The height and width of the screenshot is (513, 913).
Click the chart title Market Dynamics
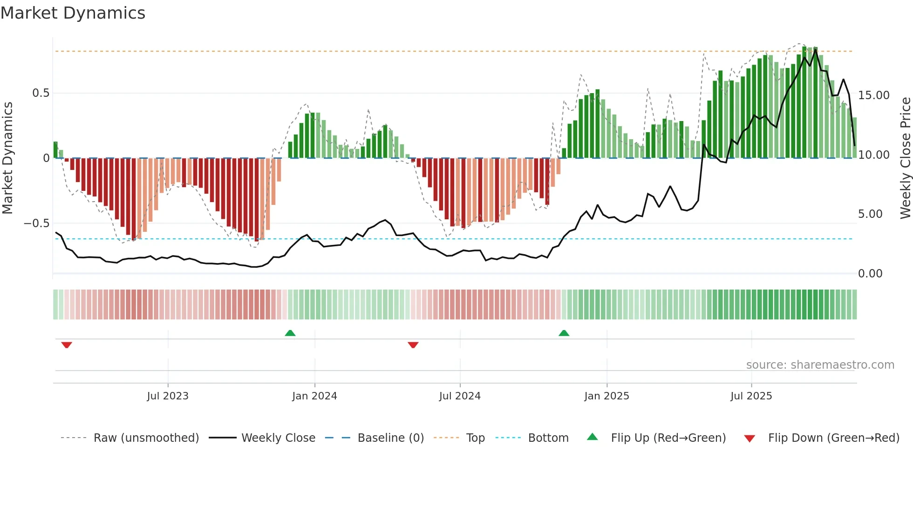point(73,13)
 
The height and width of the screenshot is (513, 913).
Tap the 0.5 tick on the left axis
point(41,93)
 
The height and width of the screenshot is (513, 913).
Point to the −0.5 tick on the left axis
point(36,223)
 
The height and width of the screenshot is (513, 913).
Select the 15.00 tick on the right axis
point(873,95)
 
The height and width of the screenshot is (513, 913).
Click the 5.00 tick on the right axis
point(870,214)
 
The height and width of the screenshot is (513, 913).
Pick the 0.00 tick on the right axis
point(870,274)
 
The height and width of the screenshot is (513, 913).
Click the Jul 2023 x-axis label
point(168,396)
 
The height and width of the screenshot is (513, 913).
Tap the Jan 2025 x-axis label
point(606,396)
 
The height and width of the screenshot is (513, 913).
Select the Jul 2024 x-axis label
point(460,396)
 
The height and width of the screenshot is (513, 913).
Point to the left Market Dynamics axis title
point(8,158)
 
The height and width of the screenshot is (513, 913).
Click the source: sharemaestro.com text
point(820,365)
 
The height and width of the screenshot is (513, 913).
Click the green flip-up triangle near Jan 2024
point(290,333)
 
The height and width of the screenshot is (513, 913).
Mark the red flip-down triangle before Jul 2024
point(413,345)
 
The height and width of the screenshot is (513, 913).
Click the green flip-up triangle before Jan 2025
point(564,333)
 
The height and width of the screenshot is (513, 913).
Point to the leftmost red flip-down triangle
point(67,345)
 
